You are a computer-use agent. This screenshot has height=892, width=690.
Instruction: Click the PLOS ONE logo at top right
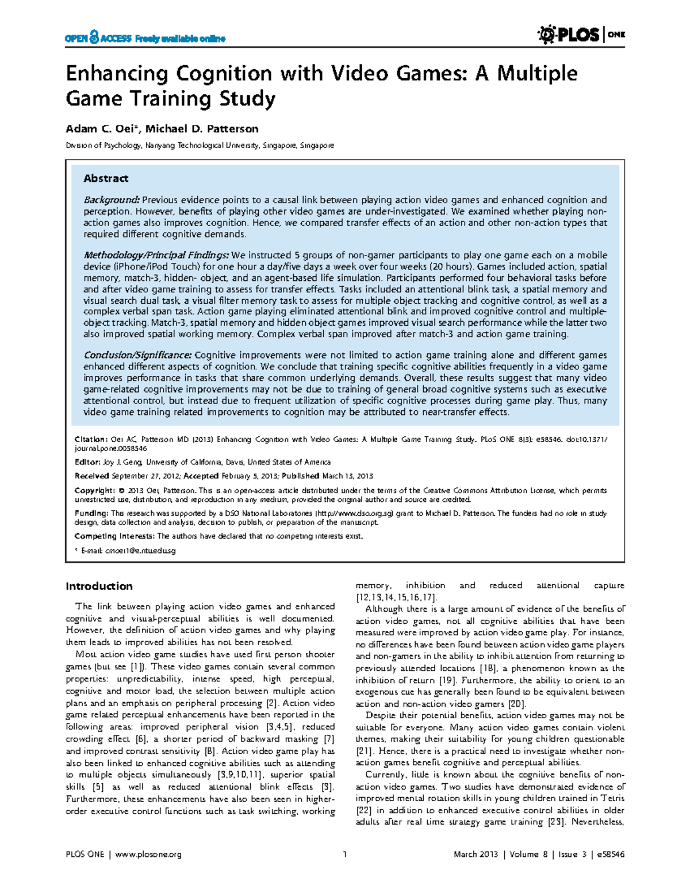tap(581, 35)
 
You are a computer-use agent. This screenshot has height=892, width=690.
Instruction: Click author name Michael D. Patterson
tap(202, 129)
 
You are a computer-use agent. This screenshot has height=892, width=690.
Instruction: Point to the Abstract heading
tap(106, 178)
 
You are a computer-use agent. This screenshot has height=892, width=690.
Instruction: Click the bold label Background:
tap(112, 200)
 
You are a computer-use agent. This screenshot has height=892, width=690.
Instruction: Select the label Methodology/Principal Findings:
tap(156, 255)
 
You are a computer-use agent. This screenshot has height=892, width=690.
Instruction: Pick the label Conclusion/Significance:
tap(137, 355)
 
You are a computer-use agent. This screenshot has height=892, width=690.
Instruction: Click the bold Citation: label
tap(91, 439)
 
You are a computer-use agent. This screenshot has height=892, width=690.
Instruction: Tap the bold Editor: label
tap(87, 462)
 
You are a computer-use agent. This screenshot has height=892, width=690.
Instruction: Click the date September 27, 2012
tap(145, 476)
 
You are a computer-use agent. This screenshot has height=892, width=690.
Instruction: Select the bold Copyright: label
tap(95, 490)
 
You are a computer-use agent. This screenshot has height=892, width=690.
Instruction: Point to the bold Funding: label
tap(91, 513)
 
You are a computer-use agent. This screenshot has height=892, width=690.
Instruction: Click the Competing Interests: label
tap(114, 536)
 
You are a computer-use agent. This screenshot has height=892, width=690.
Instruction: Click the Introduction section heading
tap(99, 586)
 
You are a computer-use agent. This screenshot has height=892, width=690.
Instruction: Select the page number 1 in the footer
tap(344, 855)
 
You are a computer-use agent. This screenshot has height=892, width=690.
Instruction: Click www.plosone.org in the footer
tap(148, 855)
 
